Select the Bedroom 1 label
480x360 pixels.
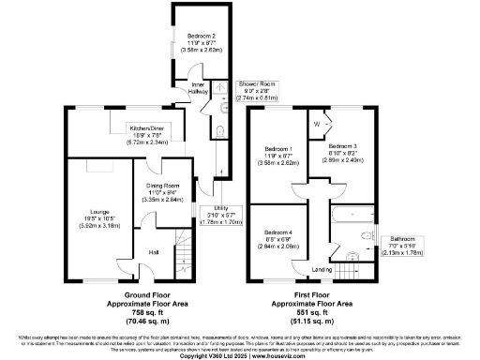tap(277, 148)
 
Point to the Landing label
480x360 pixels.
tap(322, 270)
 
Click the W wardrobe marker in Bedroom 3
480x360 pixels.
tap(318, 124)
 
